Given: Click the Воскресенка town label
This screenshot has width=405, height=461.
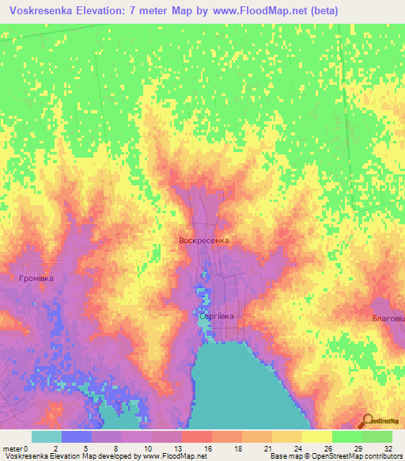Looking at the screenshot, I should [x=204, y=239].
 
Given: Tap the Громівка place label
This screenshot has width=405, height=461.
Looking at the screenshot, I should [x=36, y=279].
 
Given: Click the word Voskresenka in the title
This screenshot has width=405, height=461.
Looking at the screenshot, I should [x=47, y=11].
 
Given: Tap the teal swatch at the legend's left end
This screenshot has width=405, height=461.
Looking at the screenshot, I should [x=47, y=436].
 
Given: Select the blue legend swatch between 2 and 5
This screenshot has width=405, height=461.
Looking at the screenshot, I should [x=77, y=436].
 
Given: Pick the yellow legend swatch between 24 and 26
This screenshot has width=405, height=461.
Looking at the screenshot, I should [x=316, y=436].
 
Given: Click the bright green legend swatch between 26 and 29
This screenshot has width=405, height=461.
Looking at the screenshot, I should [x=346, y=436].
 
